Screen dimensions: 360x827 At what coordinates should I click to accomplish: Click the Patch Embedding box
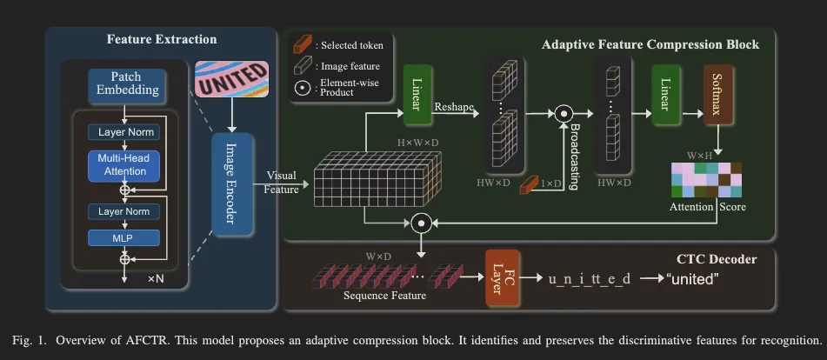(x=125, y=83)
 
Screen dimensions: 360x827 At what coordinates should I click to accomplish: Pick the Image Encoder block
(x=230, y=186)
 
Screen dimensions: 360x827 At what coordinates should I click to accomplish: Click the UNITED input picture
(x=231, y=85)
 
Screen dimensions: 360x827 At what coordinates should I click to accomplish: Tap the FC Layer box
(x=502, y=279)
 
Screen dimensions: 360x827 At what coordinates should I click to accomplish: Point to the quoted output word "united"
(x=693, y=279)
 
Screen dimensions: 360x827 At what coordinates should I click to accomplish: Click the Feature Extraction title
(x=162, y=39)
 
